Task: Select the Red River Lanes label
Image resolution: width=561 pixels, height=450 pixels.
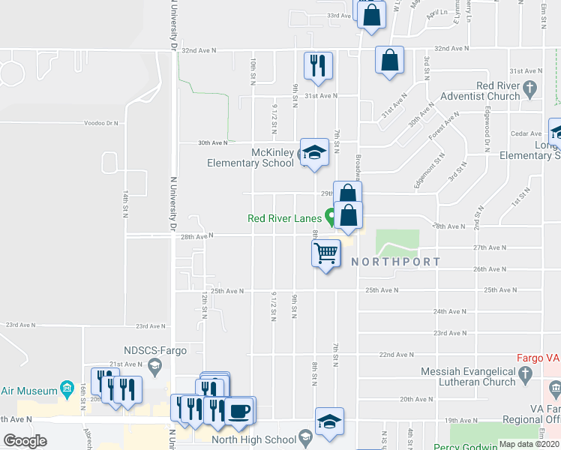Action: pyautogui.click(x=285, y=219)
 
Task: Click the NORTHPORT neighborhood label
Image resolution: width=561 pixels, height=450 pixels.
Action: pyautogui.click(x=395, y=262)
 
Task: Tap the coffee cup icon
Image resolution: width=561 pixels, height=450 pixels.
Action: pyautogui.click(x=240, y=410)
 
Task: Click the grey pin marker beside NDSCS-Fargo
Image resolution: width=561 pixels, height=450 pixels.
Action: pyautogui.click(x=155, y=367)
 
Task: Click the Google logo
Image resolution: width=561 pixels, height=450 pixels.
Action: pyautogui.click(x=25, y=440)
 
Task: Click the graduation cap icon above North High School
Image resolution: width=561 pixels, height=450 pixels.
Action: pyautogui.click(x=329, y=421)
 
